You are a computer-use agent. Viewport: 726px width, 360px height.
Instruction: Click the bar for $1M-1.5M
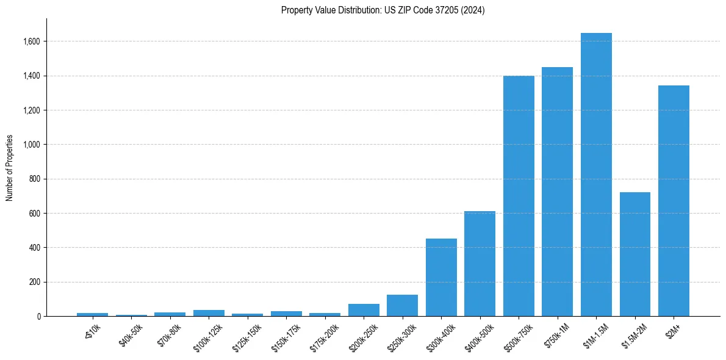(596, 175)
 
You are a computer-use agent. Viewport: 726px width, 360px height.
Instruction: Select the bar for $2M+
(674, 201)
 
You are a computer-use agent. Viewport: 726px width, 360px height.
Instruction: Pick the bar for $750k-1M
(557, 192)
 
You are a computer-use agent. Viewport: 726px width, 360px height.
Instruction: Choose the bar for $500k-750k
(519, 196)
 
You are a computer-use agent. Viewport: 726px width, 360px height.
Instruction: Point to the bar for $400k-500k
(480, 264)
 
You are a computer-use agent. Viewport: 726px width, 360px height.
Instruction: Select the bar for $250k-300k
(402, 306)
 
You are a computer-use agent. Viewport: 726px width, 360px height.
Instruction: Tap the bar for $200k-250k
(364, 310)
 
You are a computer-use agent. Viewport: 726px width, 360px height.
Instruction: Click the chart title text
(383, 10)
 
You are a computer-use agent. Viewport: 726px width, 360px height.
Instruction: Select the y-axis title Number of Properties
(10, 168)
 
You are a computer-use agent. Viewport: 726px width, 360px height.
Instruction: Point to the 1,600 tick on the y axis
(32, 41)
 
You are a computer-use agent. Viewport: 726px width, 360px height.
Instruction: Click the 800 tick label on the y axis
(35, 179)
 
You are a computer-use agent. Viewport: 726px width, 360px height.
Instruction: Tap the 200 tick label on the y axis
(35, 282)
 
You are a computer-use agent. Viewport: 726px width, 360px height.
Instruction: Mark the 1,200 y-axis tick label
(32, 110)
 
